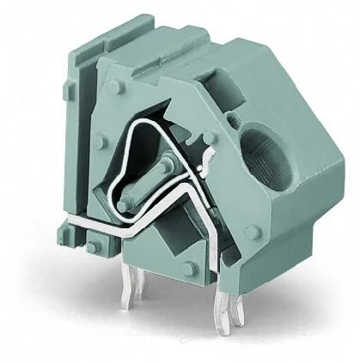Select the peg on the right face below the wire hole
(x=252, y=232)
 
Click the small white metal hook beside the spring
(x=206, y=163)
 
